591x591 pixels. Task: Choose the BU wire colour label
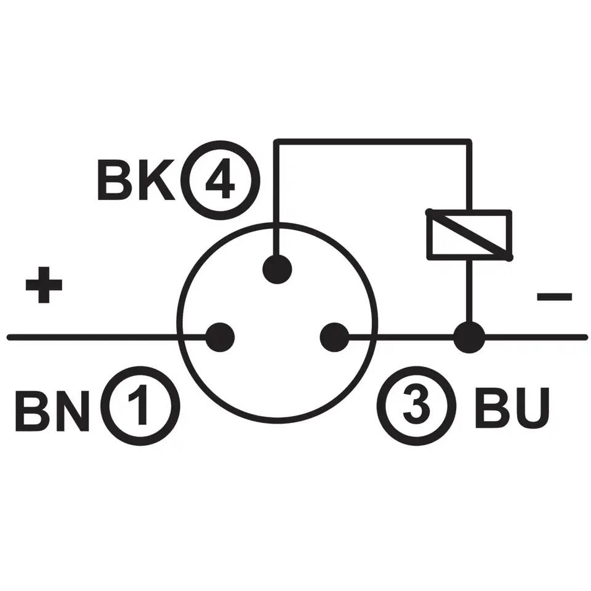pos(510,409)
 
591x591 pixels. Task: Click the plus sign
pos(44,285)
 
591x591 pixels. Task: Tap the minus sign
pos(554,297)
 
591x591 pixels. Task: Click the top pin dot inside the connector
pos(277,269)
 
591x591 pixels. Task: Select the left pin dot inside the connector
pos(220,337)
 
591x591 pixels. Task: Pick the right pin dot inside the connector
pos(334,337)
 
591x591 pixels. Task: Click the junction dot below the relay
pos(469,337)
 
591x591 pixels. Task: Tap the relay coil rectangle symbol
pos(469,235)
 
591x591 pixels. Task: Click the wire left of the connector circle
pos(92,337)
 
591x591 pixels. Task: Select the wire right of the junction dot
pos(536,337)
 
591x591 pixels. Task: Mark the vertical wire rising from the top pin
pos(277,197)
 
